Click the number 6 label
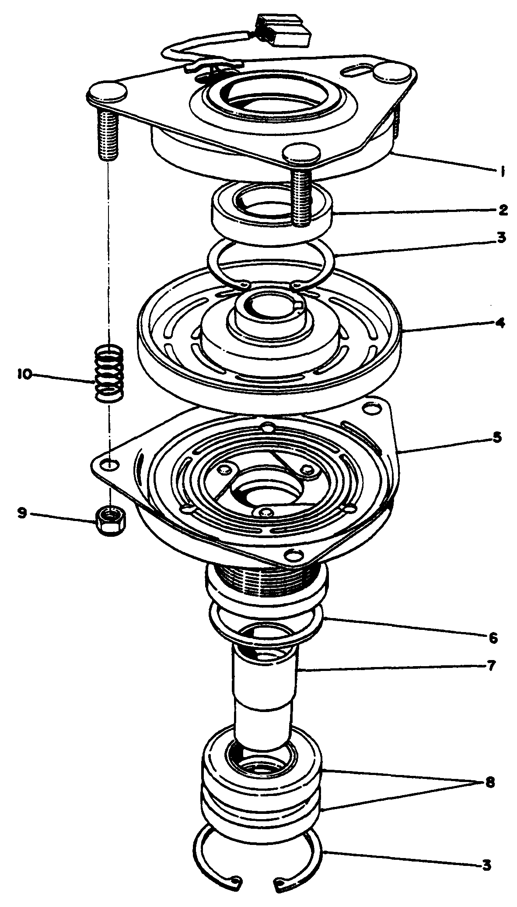493,638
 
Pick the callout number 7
491,666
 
